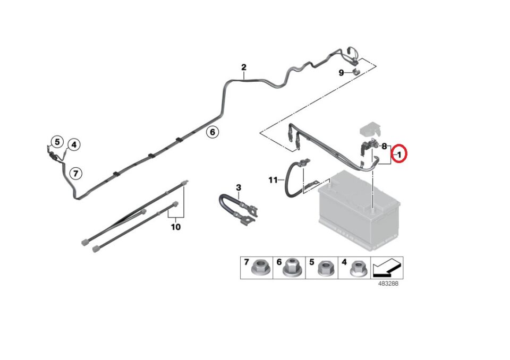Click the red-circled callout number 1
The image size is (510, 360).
(x=399, y=154)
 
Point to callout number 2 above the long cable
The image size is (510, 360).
(x=244, y=67)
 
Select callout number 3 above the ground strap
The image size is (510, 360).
(x=239, y=187)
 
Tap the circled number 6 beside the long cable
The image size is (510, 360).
(x=212, y=132)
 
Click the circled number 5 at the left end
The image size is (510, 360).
(x=57, y=142)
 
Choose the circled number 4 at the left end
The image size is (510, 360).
(x=73, y=144)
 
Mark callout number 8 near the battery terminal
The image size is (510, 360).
(x=384, y=145)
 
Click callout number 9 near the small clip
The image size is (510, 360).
(x=342, y=73)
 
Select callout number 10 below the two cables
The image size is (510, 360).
(x=176, y=227)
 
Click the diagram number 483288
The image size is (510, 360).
(x=388, y=284)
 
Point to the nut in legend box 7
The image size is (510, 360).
(x=260, y=269)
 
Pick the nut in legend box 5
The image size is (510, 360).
(x=325, y=270)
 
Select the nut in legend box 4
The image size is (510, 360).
(x=356, y=270)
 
